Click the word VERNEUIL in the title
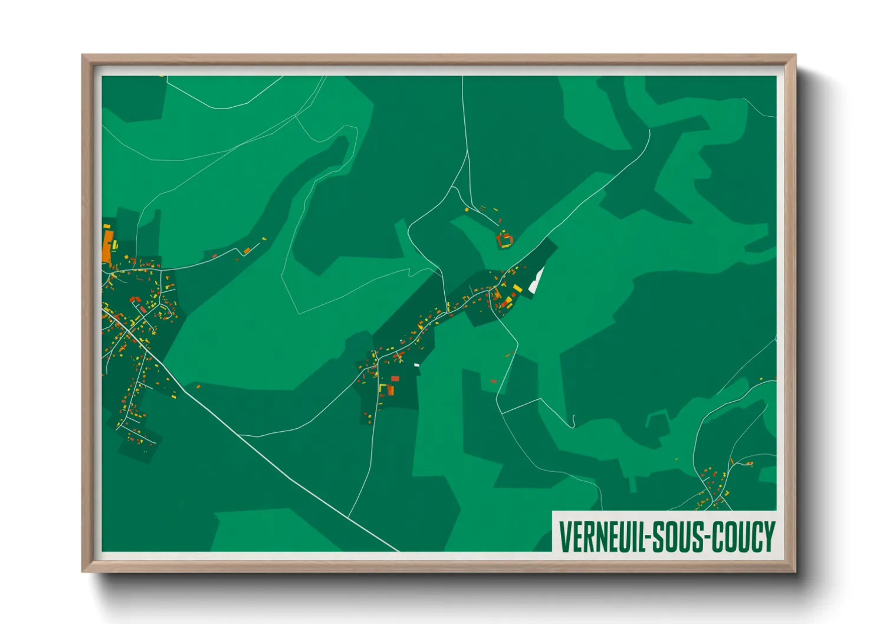point(602,536)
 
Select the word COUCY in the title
point(743,536)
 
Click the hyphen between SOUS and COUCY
point(708,537)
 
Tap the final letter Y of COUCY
point(769,536)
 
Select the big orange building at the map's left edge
point(108,246)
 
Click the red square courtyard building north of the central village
point(504,240)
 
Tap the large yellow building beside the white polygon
point(517,288)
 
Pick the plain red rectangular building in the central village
point(395,379)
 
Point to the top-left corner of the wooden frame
point(83,55)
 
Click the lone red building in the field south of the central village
point(493,381)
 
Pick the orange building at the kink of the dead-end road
point(247,251)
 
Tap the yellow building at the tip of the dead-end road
point(264,239)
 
